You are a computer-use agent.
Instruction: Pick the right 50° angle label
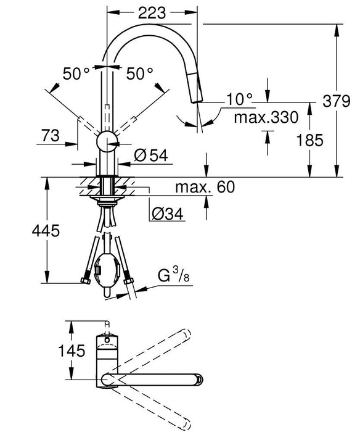140,75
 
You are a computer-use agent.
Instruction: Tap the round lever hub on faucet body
108,141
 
